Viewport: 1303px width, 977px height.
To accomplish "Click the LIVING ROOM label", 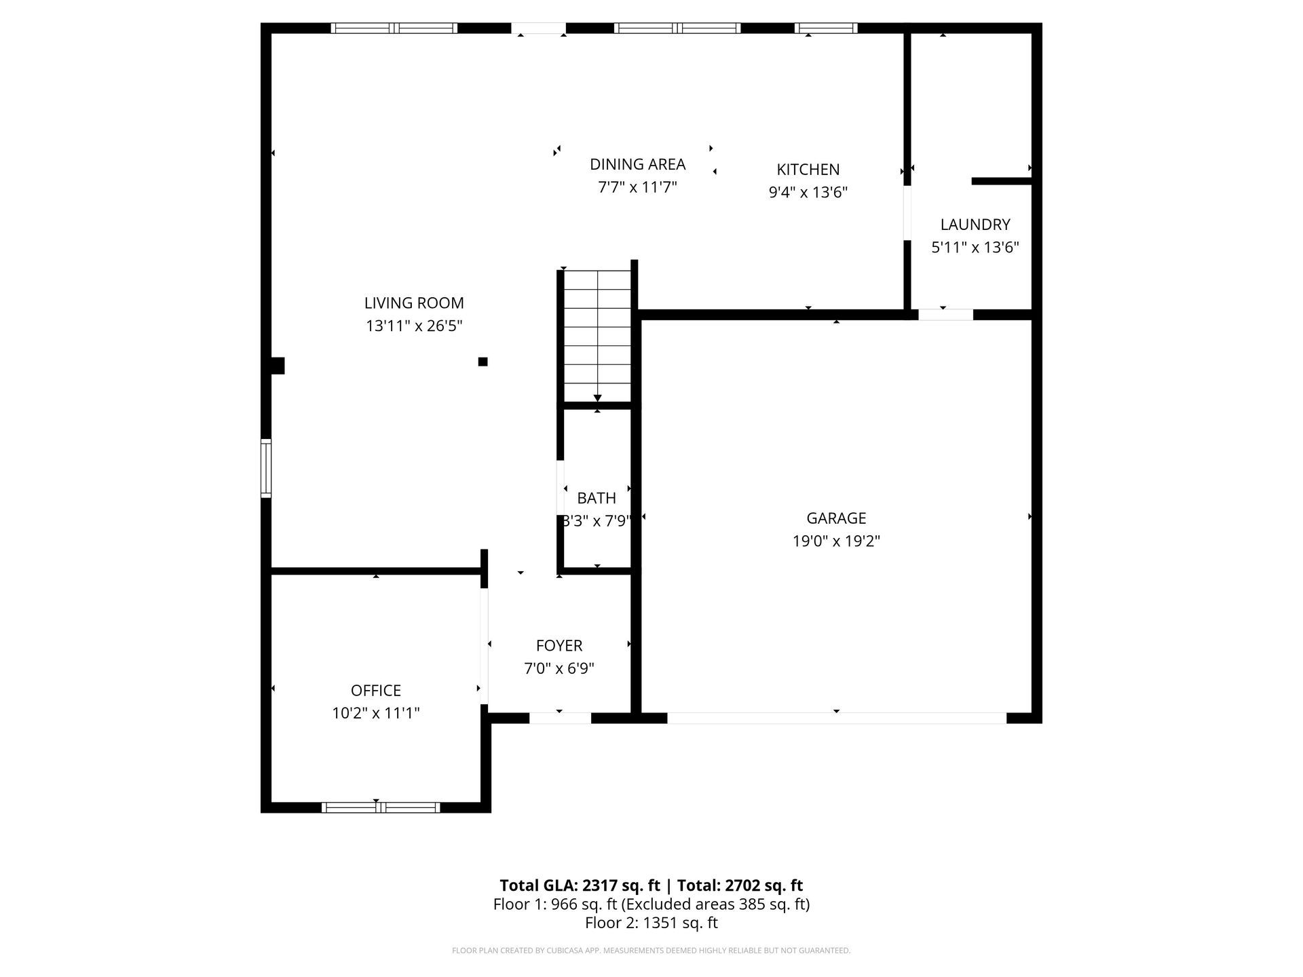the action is (x=414, y=303).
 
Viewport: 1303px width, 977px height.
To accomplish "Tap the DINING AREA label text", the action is (x=637, y=164).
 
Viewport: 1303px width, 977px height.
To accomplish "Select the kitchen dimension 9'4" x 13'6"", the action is (x=808, y=193).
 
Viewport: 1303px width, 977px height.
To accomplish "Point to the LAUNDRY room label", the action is (x=975, y=225).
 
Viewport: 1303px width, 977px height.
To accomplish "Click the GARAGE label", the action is (x=836, y=518).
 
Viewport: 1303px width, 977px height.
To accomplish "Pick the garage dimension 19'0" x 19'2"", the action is (x=836, y=541).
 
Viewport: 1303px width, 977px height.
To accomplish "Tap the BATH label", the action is (x=597, y=498).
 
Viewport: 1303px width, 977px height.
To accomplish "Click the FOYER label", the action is (x=559, y=646).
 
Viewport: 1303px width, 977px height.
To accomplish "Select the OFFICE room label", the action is (x=376, y=691).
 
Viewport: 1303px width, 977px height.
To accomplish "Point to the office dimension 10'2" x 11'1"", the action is (x=376, y=714).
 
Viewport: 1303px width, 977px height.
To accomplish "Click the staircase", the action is (x=597, y=337).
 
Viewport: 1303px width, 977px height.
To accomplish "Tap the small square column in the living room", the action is (x=483, y=362).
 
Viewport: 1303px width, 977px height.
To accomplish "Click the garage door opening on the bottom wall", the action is (x=836, y=718).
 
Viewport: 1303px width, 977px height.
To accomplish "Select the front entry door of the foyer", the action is (x=560, y=718).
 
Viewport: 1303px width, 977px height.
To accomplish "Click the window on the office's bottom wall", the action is (x=381, y=807).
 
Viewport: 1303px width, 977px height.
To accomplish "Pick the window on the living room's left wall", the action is (x=266, y=468).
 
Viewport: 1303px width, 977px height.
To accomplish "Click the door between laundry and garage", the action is (x=945, y=315).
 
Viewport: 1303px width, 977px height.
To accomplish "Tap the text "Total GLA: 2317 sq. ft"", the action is (x=580, y=885).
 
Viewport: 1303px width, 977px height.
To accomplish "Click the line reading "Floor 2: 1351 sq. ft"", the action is (x=651, y=923).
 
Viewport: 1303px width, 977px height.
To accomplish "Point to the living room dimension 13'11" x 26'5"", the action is (x=414, y=326).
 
